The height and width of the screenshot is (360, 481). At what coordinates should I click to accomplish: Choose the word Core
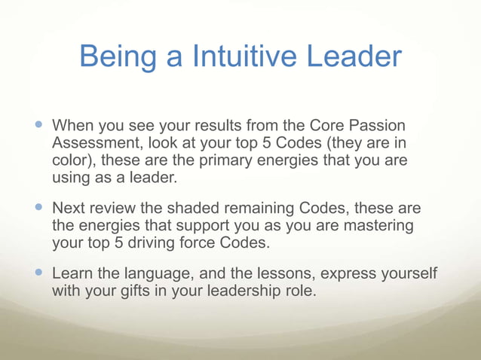306,124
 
